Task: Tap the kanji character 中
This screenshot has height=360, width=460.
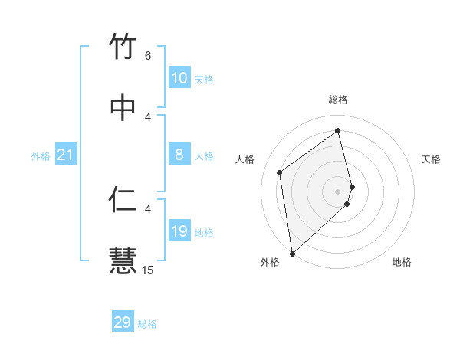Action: click(123, 108)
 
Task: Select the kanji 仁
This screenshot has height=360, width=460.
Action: click(123, 199)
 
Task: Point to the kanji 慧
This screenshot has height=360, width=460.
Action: click(123, 260)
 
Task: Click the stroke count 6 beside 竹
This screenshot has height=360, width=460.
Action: click(148, 56)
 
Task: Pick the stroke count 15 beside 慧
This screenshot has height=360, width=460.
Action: click(148, 270)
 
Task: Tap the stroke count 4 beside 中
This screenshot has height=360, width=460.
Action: click(148, 116)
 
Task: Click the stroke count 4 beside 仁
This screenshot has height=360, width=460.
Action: click(148, 208)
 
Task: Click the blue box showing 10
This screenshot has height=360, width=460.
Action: click(179, 78)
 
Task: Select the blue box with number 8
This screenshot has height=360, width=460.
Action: click(179, 155)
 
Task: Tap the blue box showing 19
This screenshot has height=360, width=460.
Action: click(179, 231)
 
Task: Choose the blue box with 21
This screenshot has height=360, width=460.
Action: click(66, 155)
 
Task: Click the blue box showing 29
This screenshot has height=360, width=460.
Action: click(123, 322)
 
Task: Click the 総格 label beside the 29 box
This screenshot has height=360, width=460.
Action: click(147, 324)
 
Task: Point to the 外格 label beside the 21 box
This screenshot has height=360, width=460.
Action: click(41, 156)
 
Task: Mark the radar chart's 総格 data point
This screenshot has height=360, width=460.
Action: click(338, 129)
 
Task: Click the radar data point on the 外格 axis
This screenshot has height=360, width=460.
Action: click(292, 253)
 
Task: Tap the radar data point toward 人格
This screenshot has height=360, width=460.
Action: click(280, 172)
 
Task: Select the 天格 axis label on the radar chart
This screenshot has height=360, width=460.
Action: click(431, 159)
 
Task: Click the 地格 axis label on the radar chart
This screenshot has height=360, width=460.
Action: click(402, 262)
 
